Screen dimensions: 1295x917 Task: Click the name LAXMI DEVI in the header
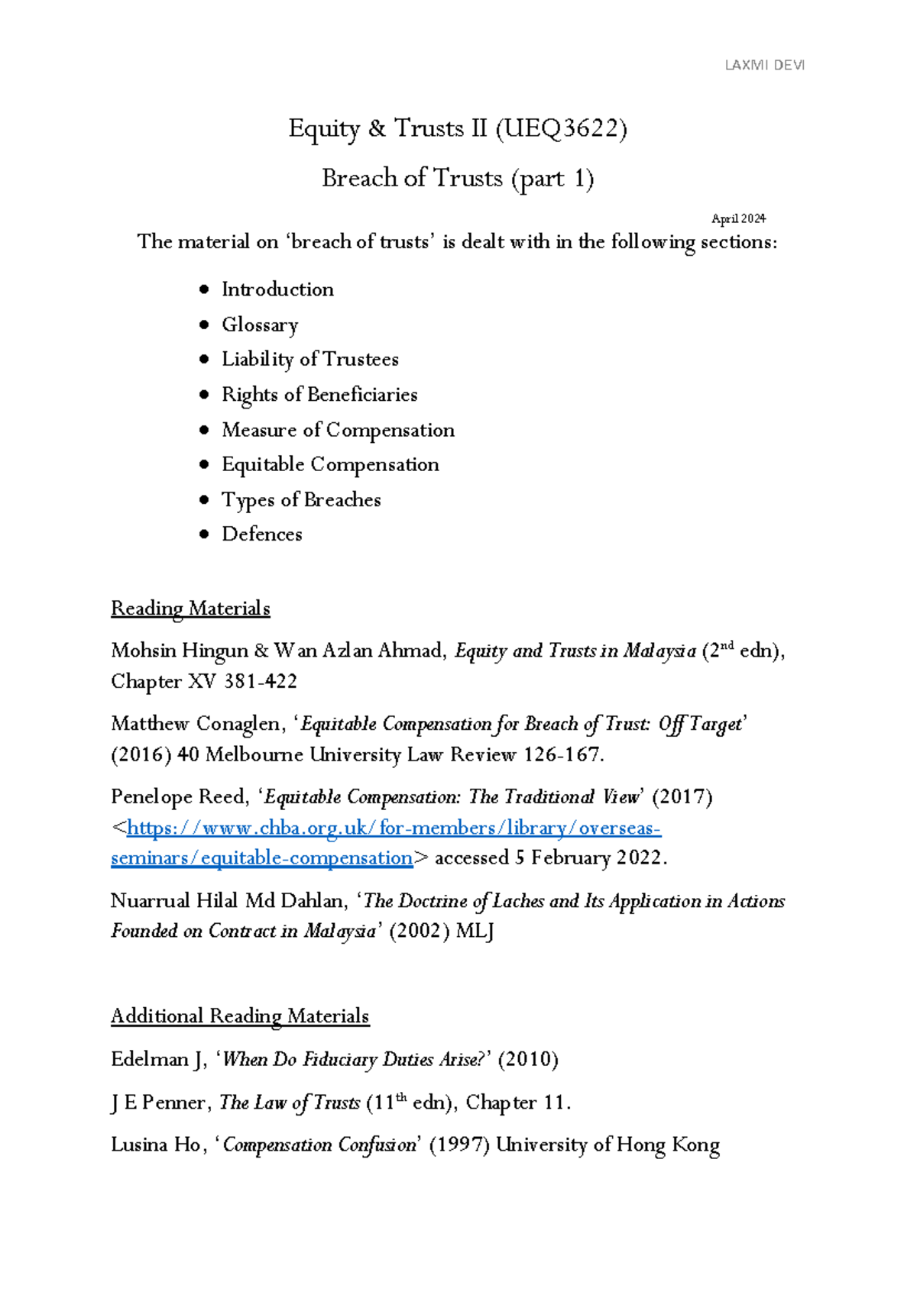tap(764, 66)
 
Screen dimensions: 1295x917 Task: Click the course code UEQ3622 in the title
tap(562, 129)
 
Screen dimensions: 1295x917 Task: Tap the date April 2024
tap(738, 218)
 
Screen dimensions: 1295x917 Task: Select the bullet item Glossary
tap(260, 325)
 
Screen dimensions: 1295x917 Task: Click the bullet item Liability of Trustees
tap(309, 359)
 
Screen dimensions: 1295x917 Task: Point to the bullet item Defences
tap(261, 534)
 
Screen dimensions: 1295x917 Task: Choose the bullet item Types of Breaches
tap(301, 499)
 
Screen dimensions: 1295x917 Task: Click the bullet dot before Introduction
tap(203, 289)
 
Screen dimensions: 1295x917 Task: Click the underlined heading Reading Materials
tap(190, 609)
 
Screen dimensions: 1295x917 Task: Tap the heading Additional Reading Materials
tap(239, 1016)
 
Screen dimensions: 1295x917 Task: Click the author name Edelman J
tap(157, 1060)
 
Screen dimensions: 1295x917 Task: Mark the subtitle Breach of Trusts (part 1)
tap(458, 179)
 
